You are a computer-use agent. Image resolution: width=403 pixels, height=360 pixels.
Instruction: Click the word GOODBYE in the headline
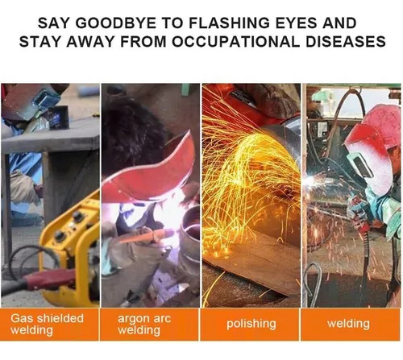115,23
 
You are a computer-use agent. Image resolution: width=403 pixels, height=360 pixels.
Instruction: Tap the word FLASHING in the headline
229,23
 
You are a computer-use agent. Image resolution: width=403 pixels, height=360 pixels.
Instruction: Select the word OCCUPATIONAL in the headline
235,42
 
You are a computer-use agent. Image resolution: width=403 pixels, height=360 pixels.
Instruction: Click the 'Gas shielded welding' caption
47,324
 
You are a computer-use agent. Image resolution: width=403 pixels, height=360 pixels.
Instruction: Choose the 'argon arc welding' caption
144,324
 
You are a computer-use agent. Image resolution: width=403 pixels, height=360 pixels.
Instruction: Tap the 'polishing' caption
251,324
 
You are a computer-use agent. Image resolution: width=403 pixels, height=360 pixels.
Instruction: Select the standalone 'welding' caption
348,324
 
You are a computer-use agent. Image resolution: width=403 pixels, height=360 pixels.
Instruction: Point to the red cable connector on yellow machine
50,279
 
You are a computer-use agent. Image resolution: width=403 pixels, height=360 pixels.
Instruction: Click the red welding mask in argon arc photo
151,172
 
